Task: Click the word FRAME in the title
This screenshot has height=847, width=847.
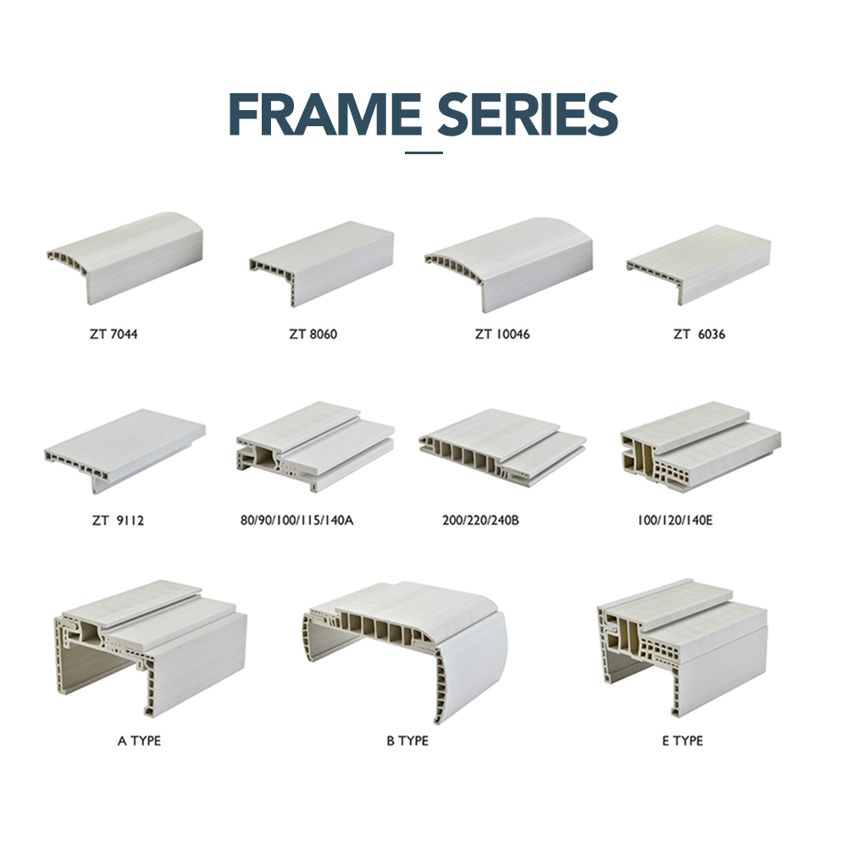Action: click(x=325, y=114)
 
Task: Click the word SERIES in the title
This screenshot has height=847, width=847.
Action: click(x=527, y=114)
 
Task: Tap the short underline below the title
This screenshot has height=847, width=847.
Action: click(x=423, y=152)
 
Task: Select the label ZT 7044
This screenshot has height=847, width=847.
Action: click(x=113, y=334)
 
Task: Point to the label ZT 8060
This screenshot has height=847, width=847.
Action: click(x=313, y=334)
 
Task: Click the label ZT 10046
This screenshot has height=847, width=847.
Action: click(x=502, y=334)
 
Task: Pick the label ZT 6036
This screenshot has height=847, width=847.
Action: click(x=699, y=334)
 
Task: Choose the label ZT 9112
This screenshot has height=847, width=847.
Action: click(x=118, y=520)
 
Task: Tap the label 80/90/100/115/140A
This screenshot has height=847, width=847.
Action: click(x=296, y=520)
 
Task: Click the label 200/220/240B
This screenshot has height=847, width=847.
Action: click(x=480, y=520)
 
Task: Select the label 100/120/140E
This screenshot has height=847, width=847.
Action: click(x=675, y=520)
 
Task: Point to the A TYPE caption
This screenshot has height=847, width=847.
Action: click(x=139, y=740)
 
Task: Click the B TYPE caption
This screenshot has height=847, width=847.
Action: click(x=407, y=740)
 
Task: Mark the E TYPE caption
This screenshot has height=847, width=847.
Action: click(x=682, y=740)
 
